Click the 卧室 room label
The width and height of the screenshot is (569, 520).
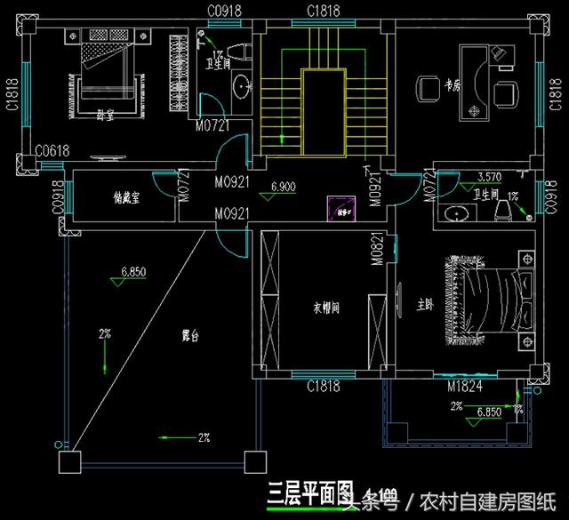[x=105, y=114]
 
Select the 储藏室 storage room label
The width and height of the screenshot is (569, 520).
[x=128, y=198]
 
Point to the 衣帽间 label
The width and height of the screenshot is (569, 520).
[x=326, y=308]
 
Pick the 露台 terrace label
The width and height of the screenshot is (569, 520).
[x=189, y=337]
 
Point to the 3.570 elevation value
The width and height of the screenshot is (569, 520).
[x=490, y=176]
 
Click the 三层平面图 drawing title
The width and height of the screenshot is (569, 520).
[x=305, y=493]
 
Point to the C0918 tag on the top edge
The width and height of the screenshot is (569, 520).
[x=226, y=10]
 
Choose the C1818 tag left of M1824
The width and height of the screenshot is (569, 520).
[x=325, y=387]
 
